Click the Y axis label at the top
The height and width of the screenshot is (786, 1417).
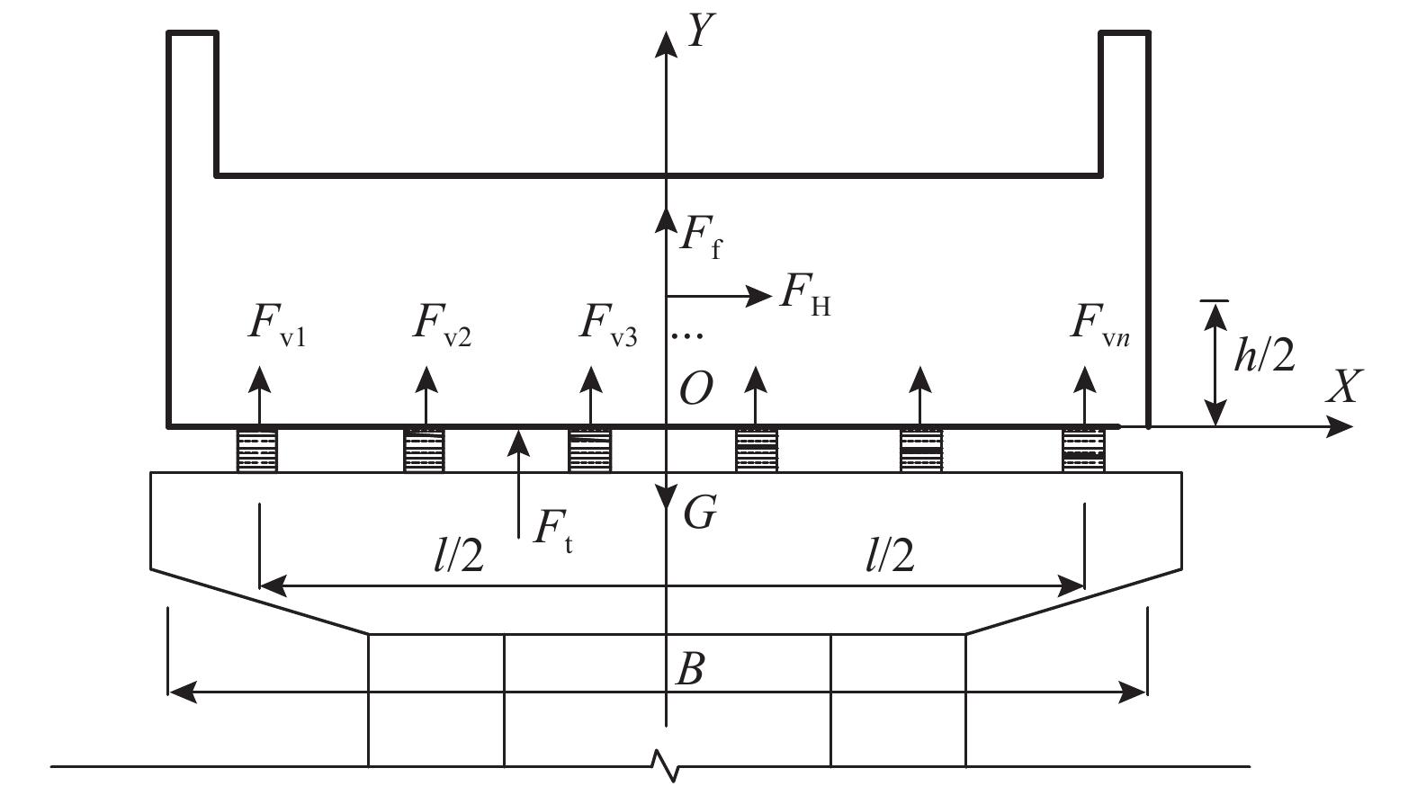coord(702,31)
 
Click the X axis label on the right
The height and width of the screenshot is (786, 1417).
coord(1343,387)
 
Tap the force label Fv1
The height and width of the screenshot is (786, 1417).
coord(277,326)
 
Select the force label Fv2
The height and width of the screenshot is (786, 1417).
coord(442,326)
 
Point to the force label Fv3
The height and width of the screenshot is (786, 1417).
coord(608,326)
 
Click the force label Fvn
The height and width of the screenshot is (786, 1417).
coord(1100,326)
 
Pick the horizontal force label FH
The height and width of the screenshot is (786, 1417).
coord(805,295)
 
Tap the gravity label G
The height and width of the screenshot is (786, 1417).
coord(700,512)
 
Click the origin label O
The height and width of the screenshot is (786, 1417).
coord(696,389)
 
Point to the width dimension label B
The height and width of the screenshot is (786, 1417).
coord(689,669)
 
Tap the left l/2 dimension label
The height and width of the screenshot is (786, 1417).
coord(459,556)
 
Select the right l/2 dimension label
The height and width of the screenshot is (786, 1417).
coord(890,556)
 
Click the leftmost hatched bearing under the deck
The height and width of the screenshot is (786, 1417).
coord(256,451)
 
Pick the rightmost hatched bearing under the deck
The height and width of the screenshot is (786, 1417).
coord(1083,451)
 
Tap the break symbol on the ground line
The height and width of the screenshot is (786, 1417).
coord(666,766)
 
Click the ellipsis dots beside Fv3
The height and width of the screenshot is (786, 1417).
coord(687,335)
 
